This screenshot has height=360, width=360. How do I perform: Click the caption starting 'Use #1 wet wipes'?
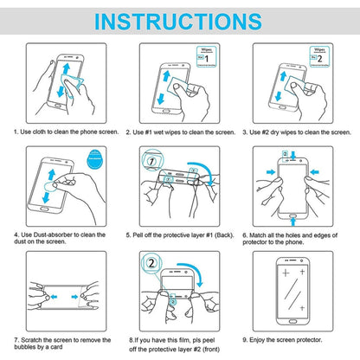click(179, 132)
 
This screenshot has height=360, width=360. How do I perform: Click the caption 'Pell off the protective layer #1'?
click(179, 234)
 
